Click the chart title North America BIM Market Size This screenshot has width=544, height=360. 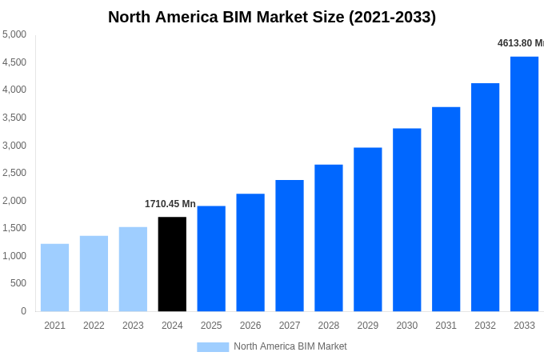pyautogui.click(x=272, y=17)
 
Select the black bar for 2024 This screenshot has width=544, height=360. pyautogui.click(x=172, y=264)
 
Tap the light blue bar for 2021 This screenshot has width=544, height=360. pyautogui.click(x=54, y=278)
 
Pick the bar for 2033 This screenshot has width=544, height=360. pyautogui.click(x=524, y=184)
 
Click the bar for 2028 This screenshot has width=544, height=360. pyautogui.click(x=329, y=238)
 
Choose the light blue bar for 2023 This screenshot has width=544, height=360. pyautogui.click(x=133, y=269)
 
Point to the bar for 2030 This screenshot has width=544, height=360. pyautogui.click(x=406, y=220)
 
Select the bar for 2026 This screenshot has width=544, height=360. pyautogui.click(x=250, y=252)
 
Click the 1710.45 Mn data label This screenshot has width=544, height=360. pyautogui.click(x=170, y=204)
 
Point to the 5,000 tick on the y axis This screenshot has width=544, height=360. pyautogui.click(x=14, y=34)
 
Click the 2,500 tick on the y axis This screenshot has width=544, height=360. pyautogui.click(x=14, y=173)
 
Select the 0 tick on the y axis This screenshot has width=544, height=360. pyautogui.click(x=23, y=311)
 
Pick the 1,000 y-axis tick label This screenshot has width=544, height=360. pyautogui.click(x=14, y=256)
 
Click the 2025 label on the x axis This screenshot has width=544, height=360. pyautogui.click(x=211, y=326)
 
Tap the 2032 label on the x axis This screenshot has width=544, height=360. pyautogui.click(x=485, y=326)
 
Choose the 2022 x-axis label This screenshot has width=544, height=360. pyautogui.click(x=94, y=326)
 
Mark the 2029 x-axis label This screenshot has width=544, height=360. pyautogui.click(x=368, y=326)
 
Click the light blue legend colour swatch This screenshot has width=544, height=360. pyautogui.click(x=213, y=346)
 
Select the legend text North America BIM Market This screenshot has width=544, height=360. pyautogui.click(x=290, y=346)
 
